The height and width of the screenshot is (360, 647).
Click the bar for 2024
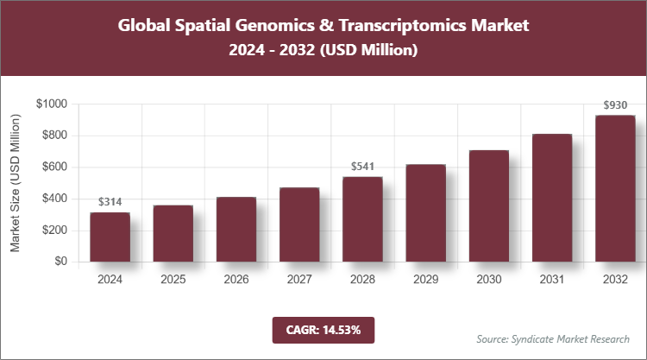click(110, 237)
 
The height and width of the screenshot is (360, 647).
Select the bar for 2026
click(236, 230)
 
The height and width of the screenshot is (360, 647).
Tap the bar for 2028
click(362, 219)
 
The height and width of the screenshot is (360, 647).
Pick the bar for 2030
click(488, 206)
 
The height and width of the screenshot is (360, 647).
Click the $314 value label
click(110, 201)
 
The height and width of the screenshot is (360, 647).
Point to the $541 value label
click(362, 166)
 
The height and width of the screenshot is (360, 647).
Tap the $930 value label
click(615, 105)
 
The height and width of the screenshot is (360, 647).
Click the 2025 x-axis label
click(173, 281)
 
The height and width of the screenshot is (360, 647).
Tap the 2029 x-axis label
click(425, 281)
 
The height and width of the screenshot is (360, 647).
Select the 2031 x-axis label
click(552, 281)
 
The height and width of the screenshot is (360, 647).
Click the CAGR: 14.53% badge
click(323, 330)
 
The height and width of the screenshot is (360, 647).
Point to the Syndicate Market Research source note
click(552, 338)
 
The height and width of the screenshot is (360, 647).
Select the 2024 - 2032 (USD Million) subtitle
click(323, 51)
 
